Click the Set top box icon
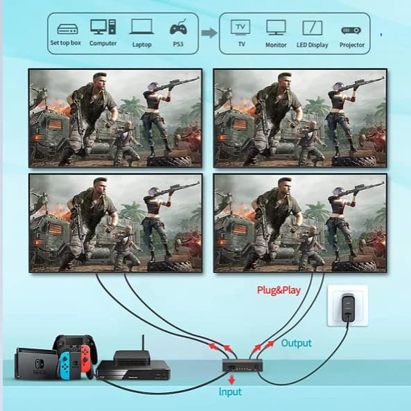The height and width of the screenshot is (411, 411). (68, 29)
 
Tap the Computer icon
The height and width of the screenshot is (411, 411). (103, 27)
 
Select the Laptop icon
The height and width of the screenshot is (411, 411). (141, 26)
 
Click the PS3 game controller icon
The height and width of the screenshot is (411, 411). (179, 27)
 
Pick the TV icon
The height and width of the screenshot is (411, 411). (241, 27)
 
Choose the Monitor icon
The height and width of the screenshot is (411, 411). (276, 28)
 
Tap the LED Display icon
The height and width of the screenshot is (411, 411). (312, 28)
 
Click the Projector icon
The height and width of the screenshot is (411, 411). (351, 30)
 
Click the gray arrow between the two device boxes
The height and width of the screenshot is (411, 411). (209, 33)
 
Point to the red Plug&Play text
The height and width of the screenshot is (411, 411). (279, 290)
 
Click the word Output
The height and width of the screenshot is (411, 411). (296, 343)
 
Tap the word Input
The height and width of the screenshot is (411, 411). (230, 392)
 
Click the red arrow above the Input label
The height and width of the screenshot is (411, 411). (231, 380)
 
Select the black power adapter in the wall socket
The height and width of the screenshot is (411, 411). (348, 308)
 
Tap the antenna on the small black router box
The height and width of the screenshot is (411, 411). (143, 342)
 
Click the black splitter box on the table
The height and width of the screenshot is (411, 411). (243, 365)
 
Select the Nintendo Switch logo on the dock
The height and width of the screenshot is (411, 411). (40, 364)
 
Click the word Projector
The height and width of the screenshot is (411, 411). (352, 45)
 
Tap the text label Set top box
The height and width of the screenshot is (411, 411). (66, 43)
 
